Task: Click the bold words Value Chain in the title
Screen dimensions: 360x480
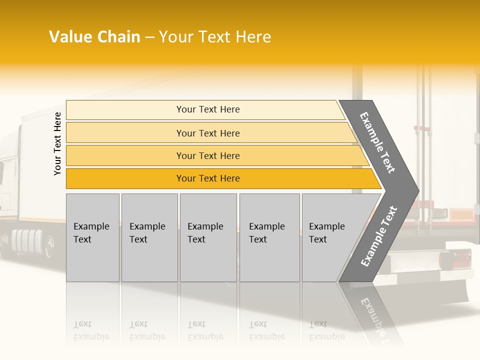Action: point(94,37)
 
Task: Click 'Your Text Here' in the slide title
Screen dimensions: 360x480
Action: point(215,37)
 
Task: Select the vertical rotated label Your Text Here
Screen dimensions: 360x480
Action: point(57,143)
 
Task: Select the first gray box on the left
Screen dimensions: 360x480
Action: point(92,237)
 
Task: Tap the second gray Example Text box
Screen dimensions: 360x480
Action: point(149,237)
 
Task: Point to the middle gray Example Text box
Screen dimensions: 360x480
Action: point(208,237)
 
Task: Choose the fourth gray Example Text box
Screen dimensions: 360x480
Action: point(269,237)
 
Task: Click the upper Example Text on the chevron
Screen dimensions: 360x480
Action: point(377,142)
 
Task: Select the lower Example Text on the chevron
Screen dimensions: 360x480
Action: point(378,236)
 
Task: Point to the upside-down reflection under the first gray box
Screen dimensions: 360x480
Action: point(91,330)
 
